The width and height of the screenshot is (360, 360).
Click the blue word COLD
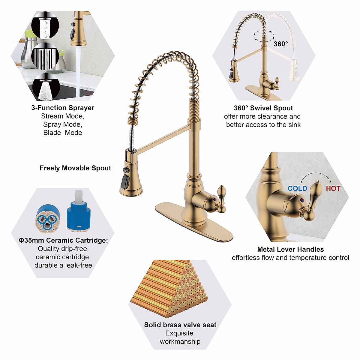tap(297, 188)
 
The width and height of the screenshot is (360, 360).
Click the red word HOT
tap(333, 188)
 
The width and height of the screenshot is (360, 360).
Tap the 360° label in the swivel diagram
tap(280, 44)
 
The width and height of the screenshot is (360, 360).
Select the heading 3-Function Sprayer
tap(63, 108)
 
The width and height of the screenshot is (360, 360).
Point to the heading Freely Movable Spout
tap(75, 168)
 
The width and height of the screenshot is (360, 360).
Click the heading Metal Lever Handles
tap(290, 249)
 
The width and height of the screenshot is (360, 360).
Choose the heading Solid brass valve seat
tap(180, 325)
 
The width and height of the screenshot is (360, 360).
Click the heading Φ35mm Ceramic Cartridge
tap(63, 240)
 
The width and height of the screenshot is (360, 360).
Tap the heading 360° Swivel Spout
tap(263, 108)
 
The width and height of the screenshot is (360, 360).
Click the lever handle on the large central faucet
tap(221, 198)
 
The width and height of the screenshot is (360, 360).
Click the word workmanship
tap(180, 341)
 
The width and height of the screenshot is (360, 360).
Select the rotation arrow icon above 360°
tap(263, 35)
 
